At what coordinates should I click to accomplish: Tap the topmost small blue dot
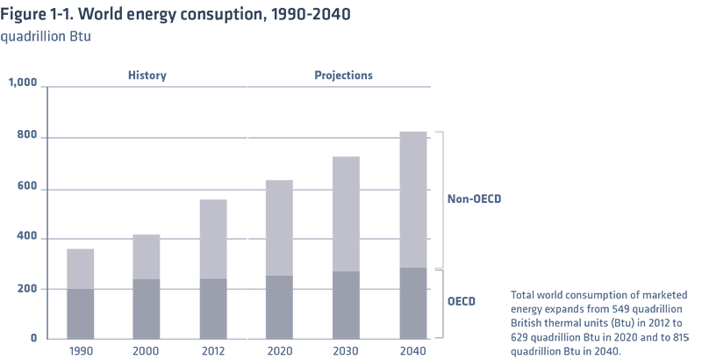tap(432, 138)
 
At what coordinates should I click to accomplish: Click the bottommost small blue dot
tap(432, 287)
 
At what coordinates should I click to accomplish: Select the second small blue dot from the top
tap(432, 188)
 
